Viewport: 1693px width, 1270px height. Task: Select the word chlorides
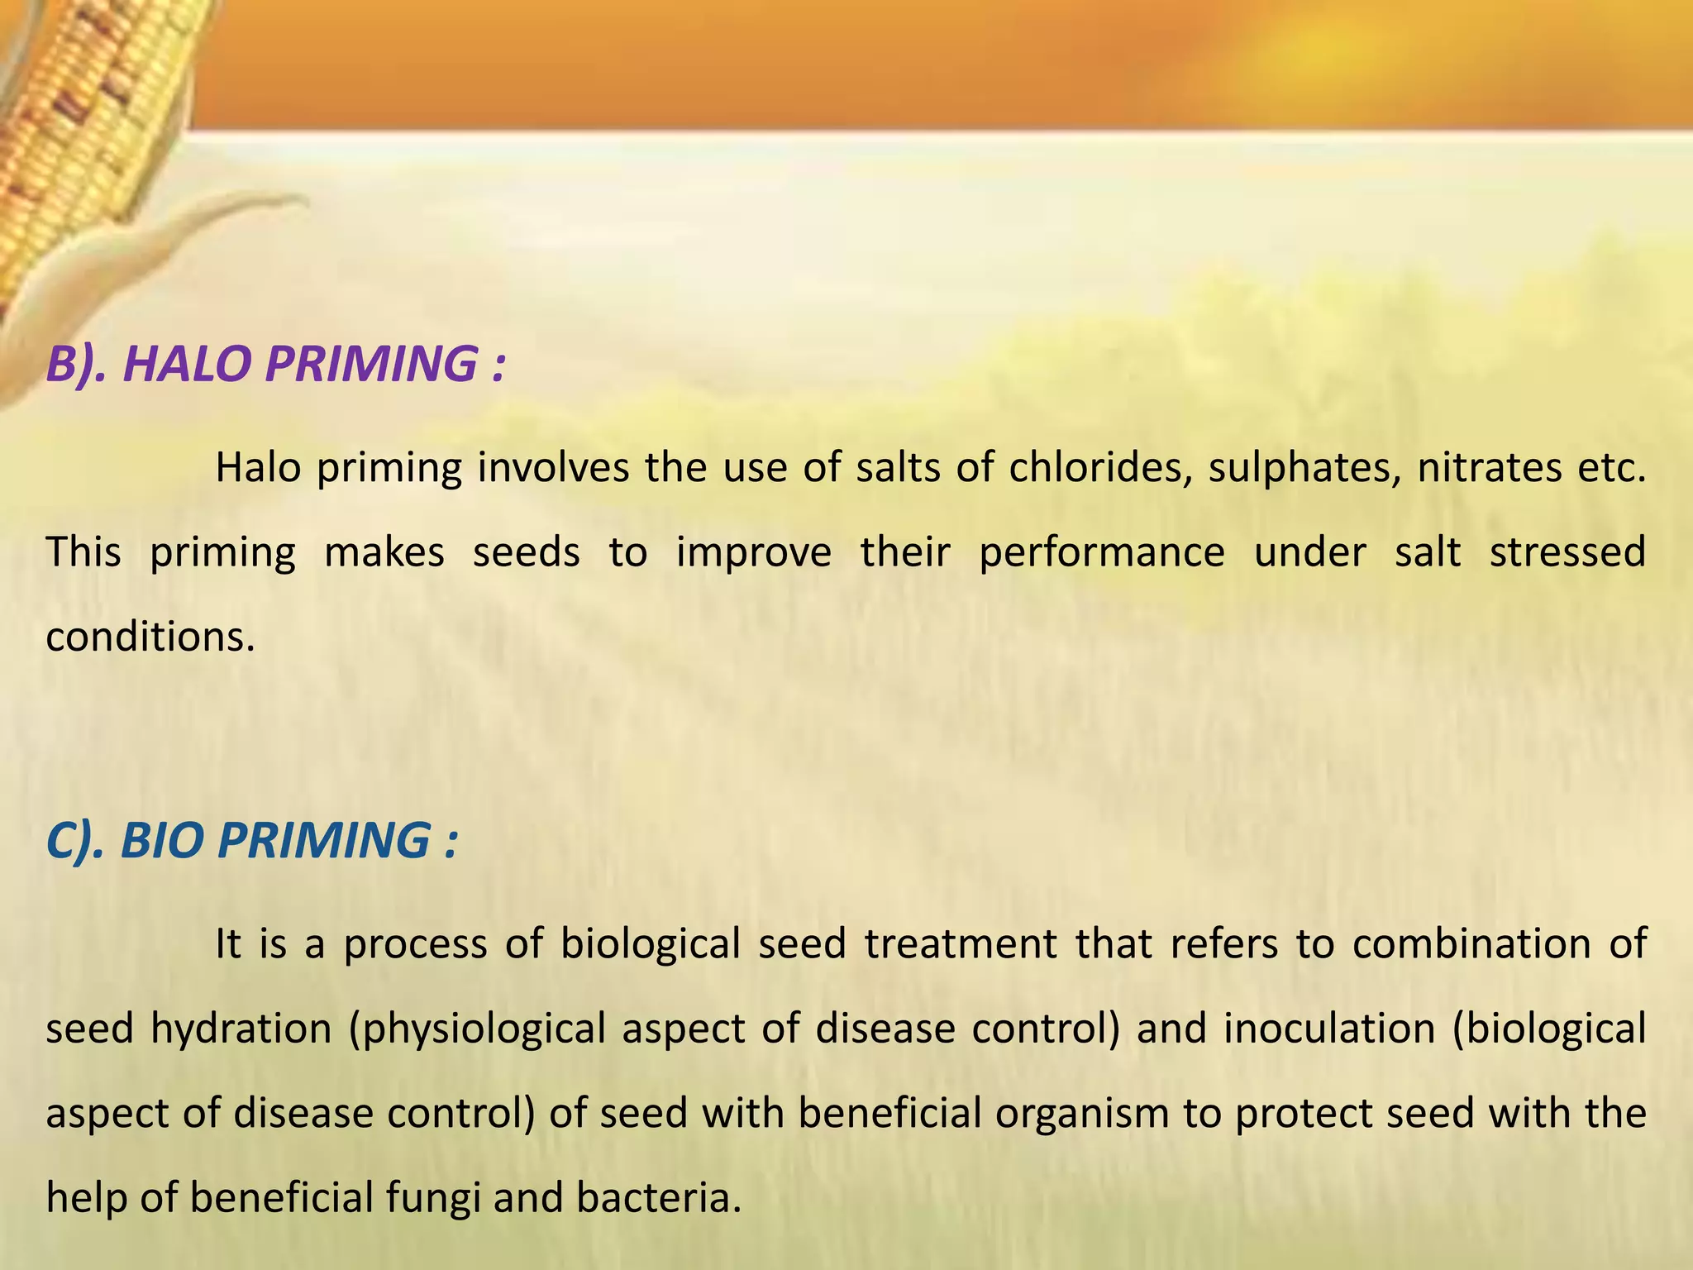point(1099,468)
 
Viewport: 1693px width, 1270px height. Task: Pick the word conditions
point(150,637)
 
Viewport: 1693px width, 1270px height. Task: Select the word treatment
point(961,944)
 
